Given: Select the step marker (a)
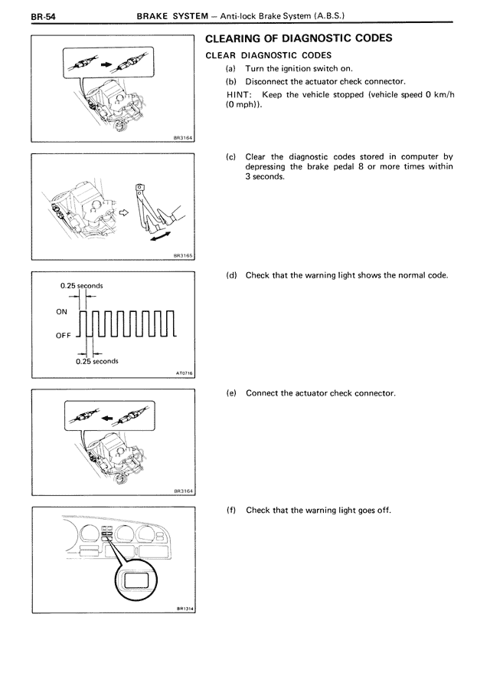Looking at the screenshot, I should tap(230, 68).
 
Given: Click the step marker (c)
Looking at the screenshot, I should tap(230, 156).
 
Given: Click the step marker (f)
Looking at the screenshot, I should tap(230, 511).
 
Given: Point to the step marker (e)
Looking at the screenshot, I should tap(230, 393).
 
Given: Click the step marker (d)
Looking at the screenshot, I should tap(230, 275).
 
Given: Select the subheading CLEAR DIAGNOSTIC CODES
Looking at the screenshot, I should tap(267, 55).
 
